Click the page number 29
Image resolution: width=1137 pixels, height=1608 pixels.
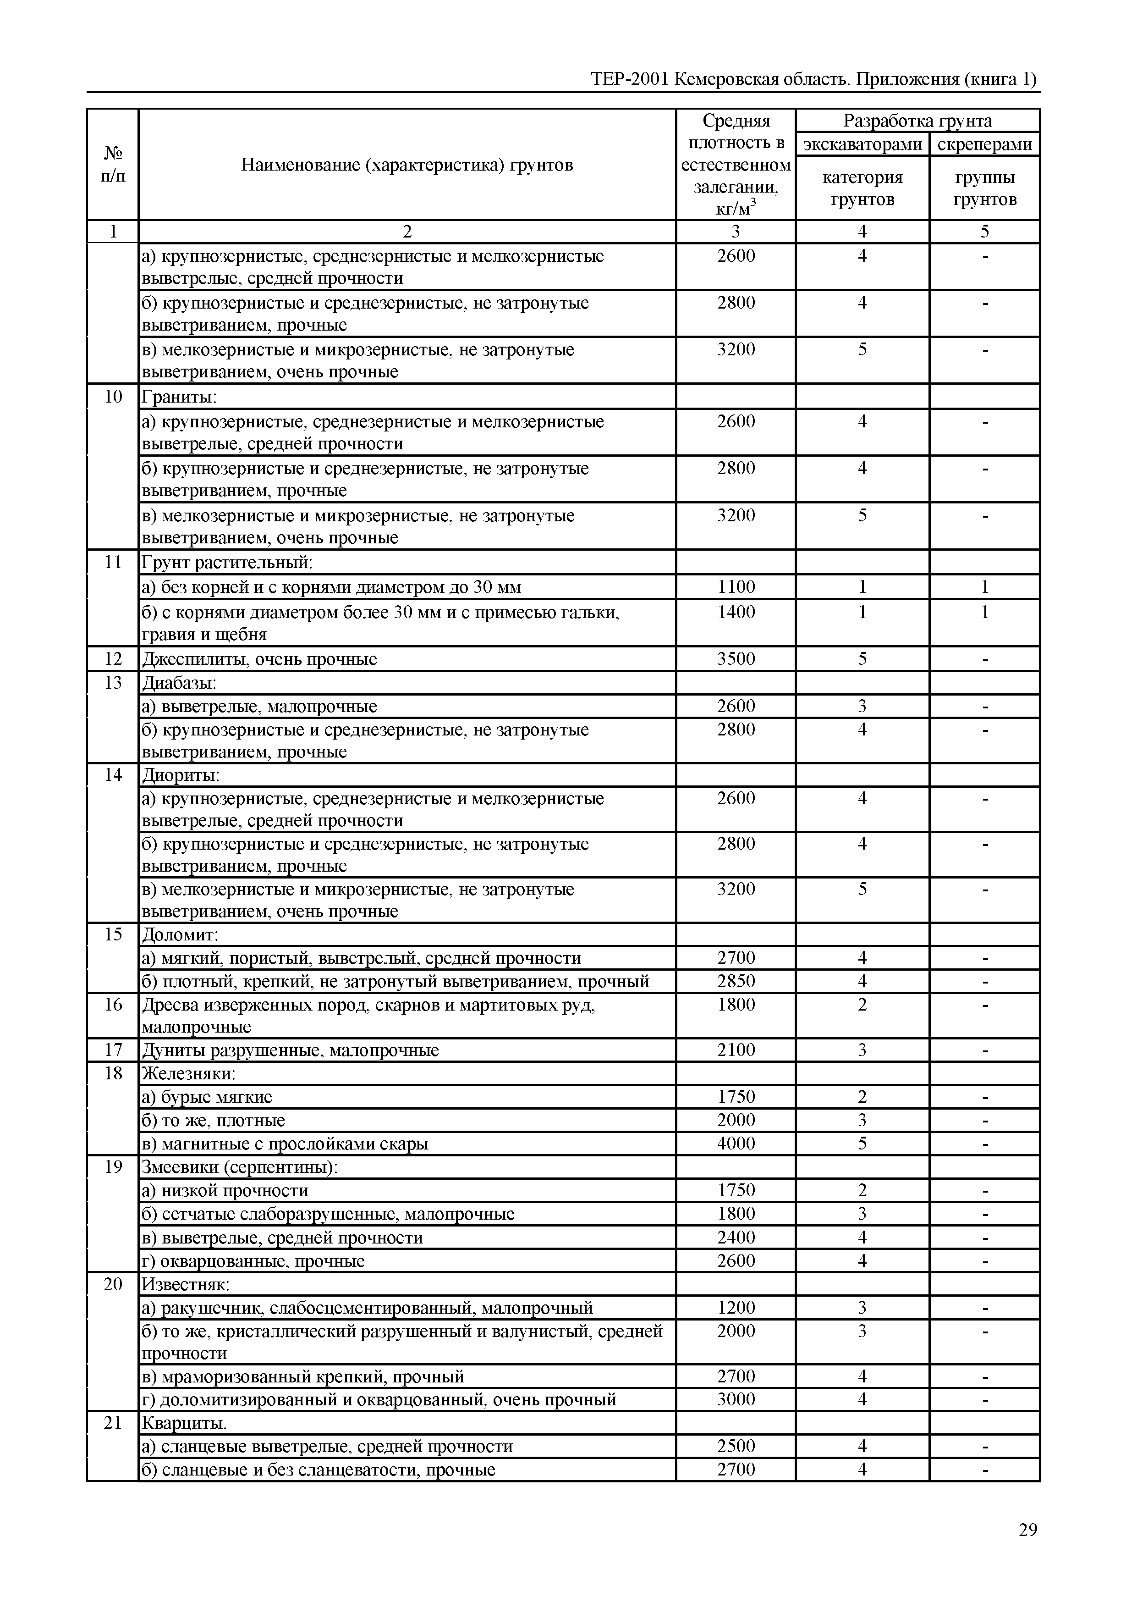pyautogui.click(x=1027, y=1530)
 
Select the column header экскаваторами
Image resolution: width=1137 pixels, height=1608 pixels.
pyautogui.click(x=862, y=144)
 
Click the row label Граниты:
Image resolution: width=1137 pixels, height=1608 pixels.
pyautogui.click(x=179, y=397)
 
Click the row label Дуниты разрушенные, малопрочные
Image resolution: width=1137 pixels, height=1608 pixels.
pyautogui.click(x=291, y=1050)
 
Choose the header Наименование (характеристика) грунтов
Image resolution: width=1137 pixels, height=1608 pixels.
pyautogui.click(x=407, y=165)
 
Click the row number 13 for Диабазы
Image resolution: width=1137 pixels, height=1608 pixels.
pyautogui.click(x=113, y=683)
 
